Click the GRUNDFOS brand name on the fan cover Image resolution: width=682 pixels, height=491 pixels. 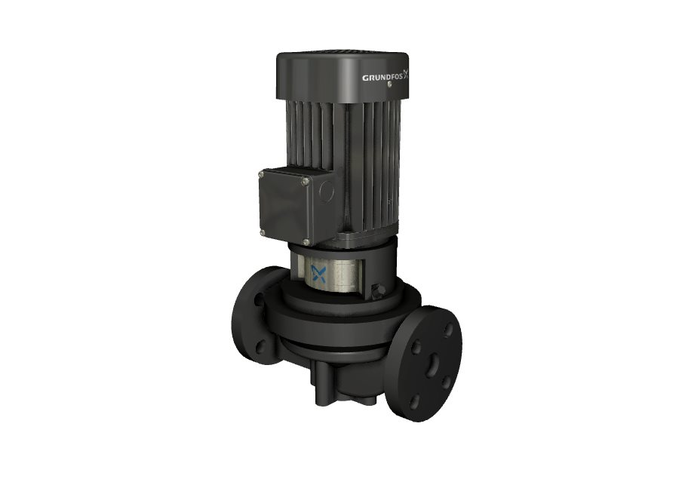point(382,78)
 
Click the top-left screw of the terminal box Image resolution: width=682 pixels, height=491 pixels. point(261,175)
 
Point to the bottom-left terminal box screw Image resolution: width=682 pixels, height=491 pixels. point(263,232)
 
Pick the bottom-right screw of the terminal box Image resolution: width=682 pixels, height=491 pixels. point(306,242)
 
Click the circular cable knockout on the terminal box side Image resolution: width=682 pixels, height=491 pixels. point(327,189)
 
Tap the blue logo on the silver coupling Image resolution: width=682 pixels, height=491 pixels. point(319,274)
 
